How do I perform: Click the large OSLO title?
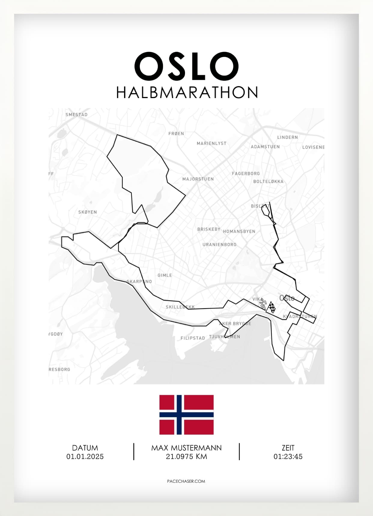click(186, 66)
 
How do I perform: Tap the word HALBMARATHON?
click(187, 93)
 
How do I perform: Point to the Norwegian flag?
click(186, 415)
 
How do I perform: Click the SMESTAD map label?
click(77, 115)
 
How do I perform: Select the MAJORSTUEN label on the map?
click(198, 179)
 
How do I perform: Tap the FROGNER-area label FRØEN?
click(176, 134)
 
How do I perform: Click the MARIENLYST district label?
click(211, 143)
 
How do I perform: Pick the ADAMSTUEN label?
click(265, 147)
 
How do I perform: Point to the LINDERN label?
click(287, 137)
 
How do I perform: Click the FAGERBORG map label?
click(246, 173)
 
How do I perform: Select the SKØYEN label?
click(87, 212)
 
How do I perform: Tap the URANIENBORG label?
click(219, 244)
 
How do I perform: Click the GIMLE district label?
click(165, 275)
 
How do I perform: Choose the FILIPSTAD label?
click(193, 338)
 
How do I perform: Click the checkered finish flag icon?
click(271, 307)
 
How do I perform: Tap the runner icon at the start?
click(263, 304)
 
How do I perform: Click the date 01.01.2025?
click(85, 457)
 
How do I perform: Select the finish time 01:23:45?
click(288, 457)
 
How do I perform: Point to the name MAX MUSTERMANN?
click(186, 448)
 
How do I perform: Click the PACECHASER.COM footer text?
click(186, 481)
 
